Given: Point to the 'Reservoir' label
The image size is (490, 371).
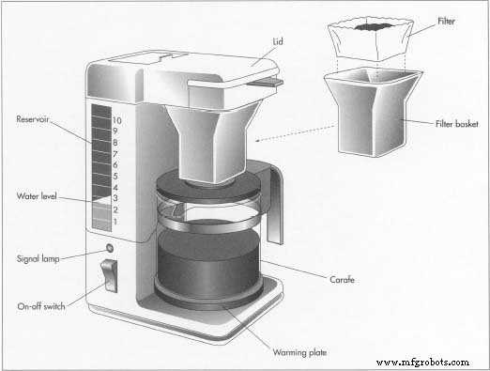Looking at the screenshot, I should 34,119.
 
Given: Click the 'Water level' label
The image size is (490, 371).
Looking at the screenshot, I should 37,196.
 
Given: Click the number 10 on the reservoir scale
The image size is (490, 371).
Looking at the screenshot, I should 116,121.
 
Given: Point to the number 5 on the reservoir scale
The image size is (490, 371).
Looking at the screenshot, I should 115,176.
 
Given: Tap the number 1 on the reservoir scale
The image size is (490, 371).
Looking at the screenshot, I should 115,221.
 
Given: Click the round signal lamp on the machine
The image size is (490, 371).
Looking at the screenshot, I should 110,249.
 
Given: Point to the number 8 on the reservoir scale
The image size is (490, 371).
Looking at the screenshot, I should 115,143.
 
